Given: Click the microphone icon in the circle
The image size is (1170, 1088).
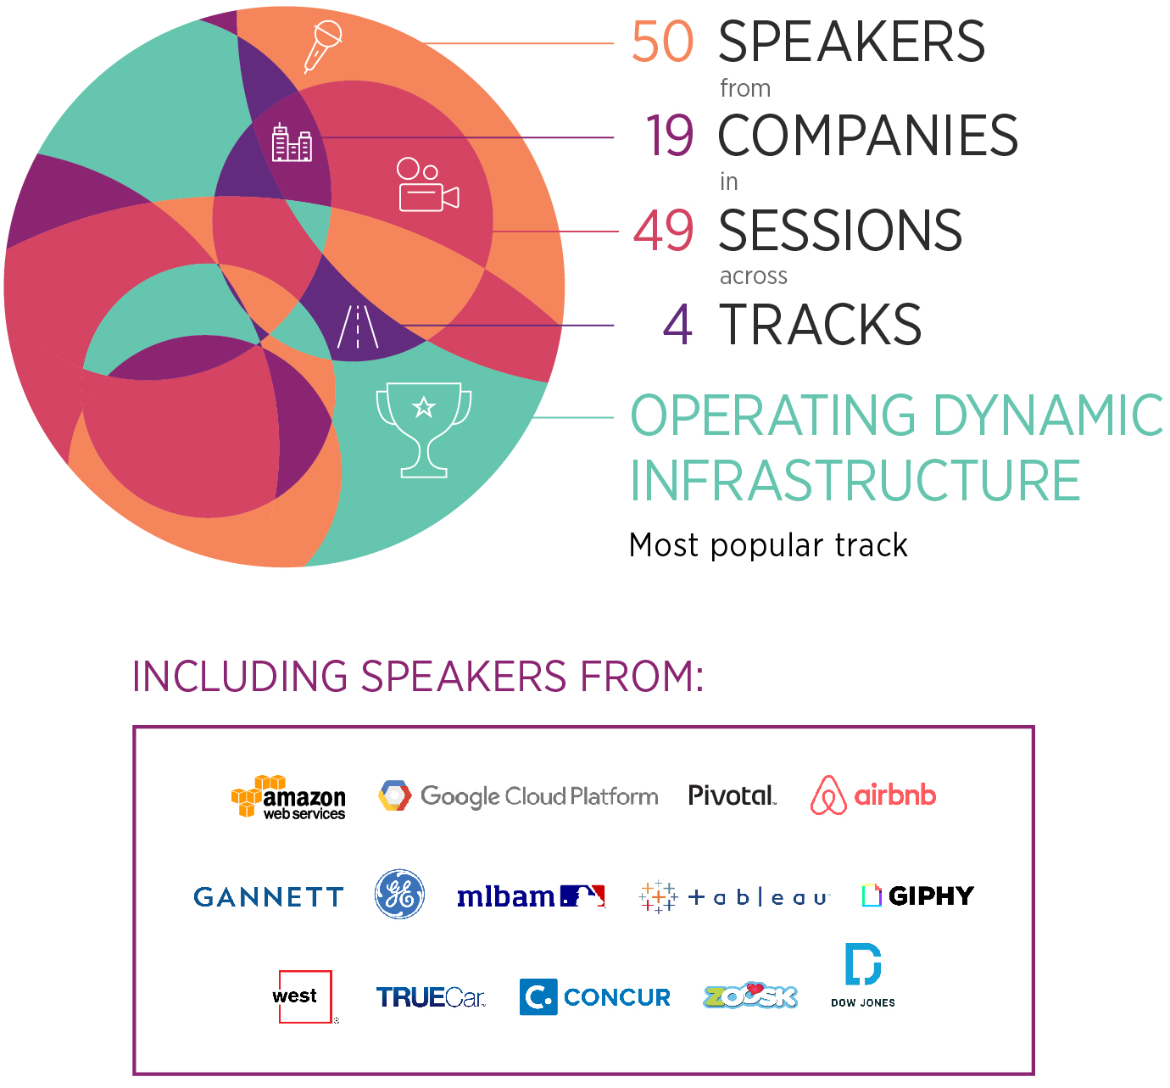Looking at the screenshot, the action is (x=322, y=47).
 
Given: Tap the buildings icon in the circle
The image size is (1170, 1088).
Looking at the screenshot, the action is (x=292, y=142).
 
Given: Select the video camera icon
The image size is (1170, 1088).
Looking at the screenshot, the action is (x=427, y=184).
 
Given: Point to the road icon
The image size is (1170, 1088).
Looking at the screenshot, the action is (x=358, y=326).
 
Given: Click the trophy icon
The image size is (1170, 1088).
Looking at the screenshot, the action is (x=424, y=430).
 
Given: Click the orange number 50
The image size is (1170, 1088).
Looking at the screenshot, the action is (x=662, y=42).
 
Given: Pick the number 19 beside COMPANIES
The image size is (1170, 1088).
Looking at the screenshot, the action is (x=669, y=136).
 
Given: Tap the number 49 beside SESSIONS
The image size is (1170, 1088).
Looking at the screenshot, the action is (x=663, y=230).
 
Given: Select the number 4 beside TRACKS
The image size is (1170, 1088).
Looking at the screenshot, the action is (x=677, y=324).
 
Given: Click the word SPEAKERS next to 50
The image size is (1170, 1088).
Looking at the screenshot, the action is (x=852, y=42).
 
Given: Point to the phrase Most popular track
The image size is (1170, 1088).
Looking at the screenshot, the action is (x=768, y=545).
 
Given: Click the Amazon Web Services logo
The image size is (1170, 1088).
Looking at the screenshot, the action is (x=288, y=797).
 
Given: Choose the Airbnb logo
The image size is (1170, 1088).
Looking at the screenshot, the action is (x=873, y=795).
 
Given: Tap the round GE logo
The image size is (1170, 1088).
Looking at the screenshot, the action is (x=399, y=894).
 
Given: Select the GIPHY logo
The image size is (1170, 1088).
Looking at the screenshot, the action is (x=918, y=896).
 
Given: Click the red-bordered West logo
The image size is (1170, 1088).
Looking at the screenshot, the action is (x=305, y=996).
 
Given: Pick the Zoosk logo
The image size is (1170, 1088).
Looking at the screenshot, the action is (x=750, y=996).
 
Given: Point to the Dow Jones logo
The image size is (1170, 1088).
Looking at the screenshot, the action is (x=863, y=975).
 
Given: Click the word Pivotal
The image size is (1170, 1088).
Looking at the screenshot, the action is (x=733, y=795).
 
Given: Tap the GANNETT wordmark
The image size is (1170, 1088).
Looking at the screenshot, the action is (x=269, y=897).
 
